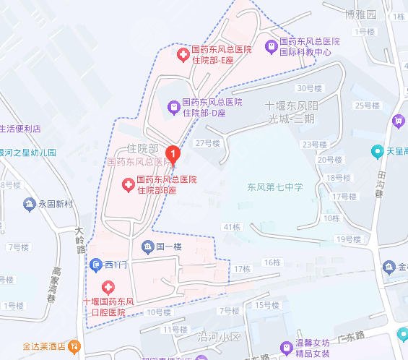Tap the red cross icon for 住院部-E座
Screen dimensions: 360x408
coord(184,54)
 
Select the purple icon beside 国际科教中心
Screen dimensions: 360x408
coord(272,47)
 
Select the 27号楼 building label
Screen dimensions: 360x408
coord(207,143)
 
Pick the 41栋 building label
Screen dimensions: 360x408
coord(231,227)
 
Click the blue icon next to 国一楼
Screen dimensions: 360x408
coord(147,247)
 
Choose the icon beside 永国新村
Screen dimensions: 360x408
coord(30,205)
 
